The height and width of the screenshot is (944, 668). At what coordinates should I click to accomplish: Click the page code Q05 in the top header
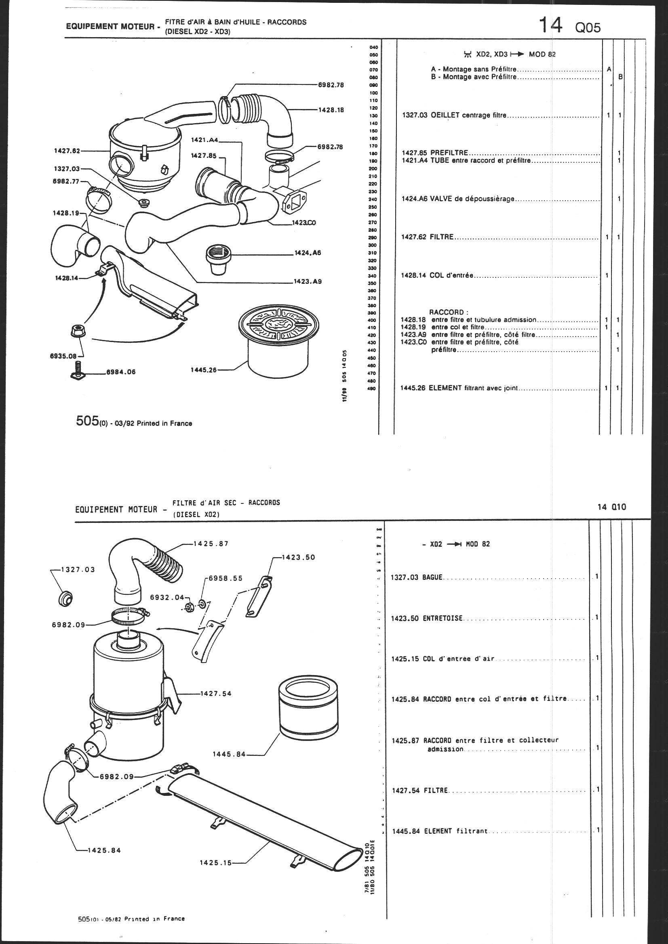pos(588,28)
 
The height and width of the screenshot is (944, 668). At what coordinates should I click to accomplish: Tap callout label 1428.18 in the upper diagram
pos(331,110)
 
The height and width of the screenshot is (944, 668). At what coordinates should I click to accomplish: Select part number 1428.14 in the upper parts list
pos(413,275)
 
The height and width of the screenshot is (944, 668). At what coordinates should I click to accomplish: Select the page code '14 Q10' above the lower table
pos(611,507)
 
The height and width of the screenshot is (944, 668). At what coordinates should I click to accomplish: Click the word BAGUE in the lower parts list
pos(432,578)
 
